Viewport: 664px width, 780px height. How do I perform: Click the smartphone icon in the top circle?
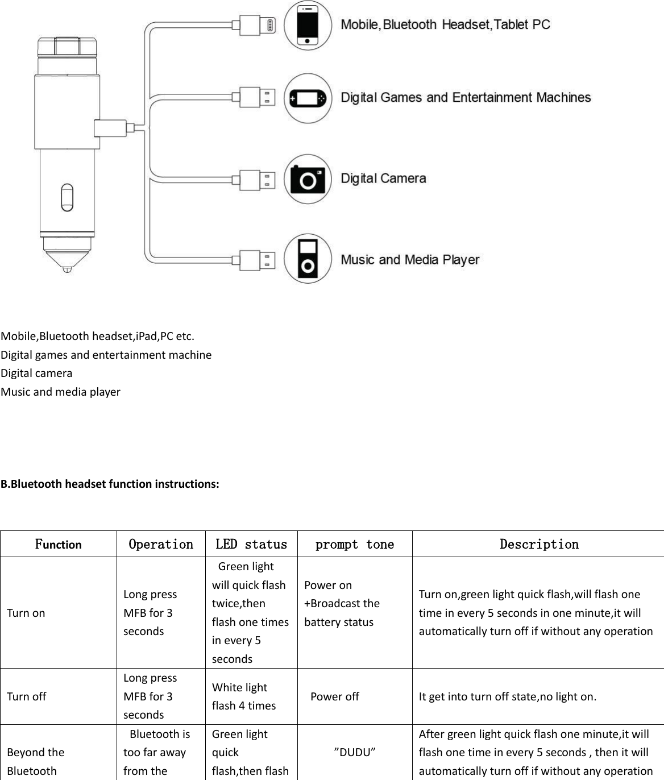click(x=308, y=25)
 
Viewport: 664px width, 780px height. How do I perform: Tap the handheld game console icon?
click(x=308, y=98)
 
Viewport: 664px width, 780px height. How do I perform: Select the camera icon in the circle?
click(x=308, y=179)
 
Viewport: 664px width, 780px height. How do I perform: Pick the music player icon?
click(x=308, y=259)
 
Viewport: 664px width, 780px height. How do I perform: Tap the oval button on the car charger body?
click(x=67, y=197)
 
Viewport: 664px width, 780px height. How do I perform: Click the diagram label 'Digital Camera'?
click(x=383, y=179)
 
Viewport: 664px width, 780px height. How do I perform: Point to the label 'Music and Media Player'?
click(x=410, y=260)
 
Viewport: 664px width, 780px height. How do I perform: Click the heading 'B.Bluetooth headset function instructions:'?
click(x=110, y=484)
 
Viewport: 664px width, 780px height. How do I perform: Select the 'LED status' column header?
click(x=251, y=544)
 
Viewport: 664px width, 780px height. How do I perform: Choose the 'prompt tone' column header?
click(x=355, y=544)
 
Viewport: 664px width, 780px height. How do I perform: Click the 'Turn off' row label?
click(x=26, y=696)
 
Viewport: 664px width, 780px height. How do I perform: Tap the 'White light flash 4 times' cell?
click(x=244, y=696)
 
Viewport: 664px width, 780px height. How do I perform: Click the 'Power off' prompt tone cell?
click(x=334, y=696)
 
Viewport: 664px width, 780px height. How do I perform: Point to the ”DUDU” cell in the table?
click(x=355, y=752)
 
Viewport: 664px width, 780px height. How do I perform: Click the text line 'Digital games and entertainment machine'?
click(x=106, y=355)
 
